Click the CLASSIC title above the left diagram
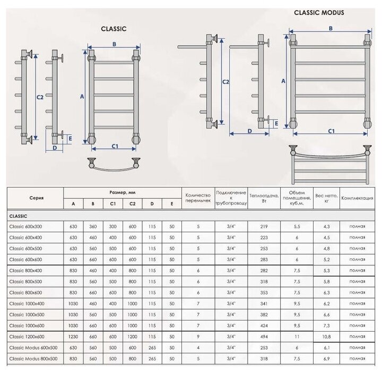(x=114, y=30)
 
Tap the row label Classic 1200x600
(x=27, y=336)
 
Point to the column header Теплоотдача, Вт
(x=260, y=198)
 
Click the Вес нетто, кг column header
(x=325, y=198)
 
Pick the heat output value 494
(x=260, y=336)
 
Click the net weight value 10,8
(x=326, y=336)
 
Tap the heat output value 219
(x=260, y=226)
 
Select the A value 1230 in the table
(x=73, y=336)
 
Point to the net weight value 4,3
(x=326, y=226)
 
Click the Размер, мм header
(x=121, y=192)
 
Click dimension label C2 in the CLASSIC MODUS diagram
(x=225, y=82)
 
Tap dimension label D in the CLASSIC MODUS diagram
(x=249, y=131)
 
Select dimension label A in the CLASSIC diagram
(x=82, y=97)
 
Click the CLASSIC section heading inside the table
(x=19, y=216)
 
